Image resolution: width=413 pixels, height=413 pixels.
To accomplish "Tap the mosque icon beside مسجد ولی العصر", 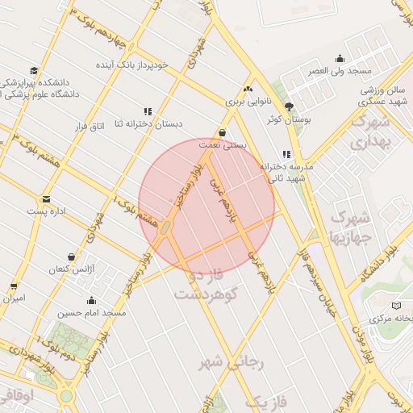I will [340, 58].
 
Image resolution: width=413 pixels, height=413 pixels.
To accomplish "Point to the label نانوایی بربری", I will [244, 102].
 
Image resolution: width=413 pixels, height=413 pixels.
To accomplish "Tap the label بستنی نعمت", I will [222, 145].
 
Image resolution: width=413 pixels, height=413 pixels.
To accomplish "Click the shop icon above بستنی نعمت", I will [222, 133].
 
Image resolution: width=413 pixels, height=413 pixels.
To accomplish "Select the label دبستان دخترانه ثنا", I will [148, 123].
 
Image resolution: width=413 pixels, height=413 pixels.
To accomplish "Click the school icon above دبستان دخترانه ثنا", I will [148, 111].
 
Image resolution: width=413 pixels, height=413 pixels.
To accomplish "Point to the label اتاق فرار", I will [90, 127].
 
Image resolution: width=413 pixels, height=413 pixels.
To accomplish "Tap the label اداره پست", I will [45, 211].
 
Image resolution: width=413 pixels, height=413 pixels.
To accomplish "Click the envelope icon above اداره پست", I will [46, 198].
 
